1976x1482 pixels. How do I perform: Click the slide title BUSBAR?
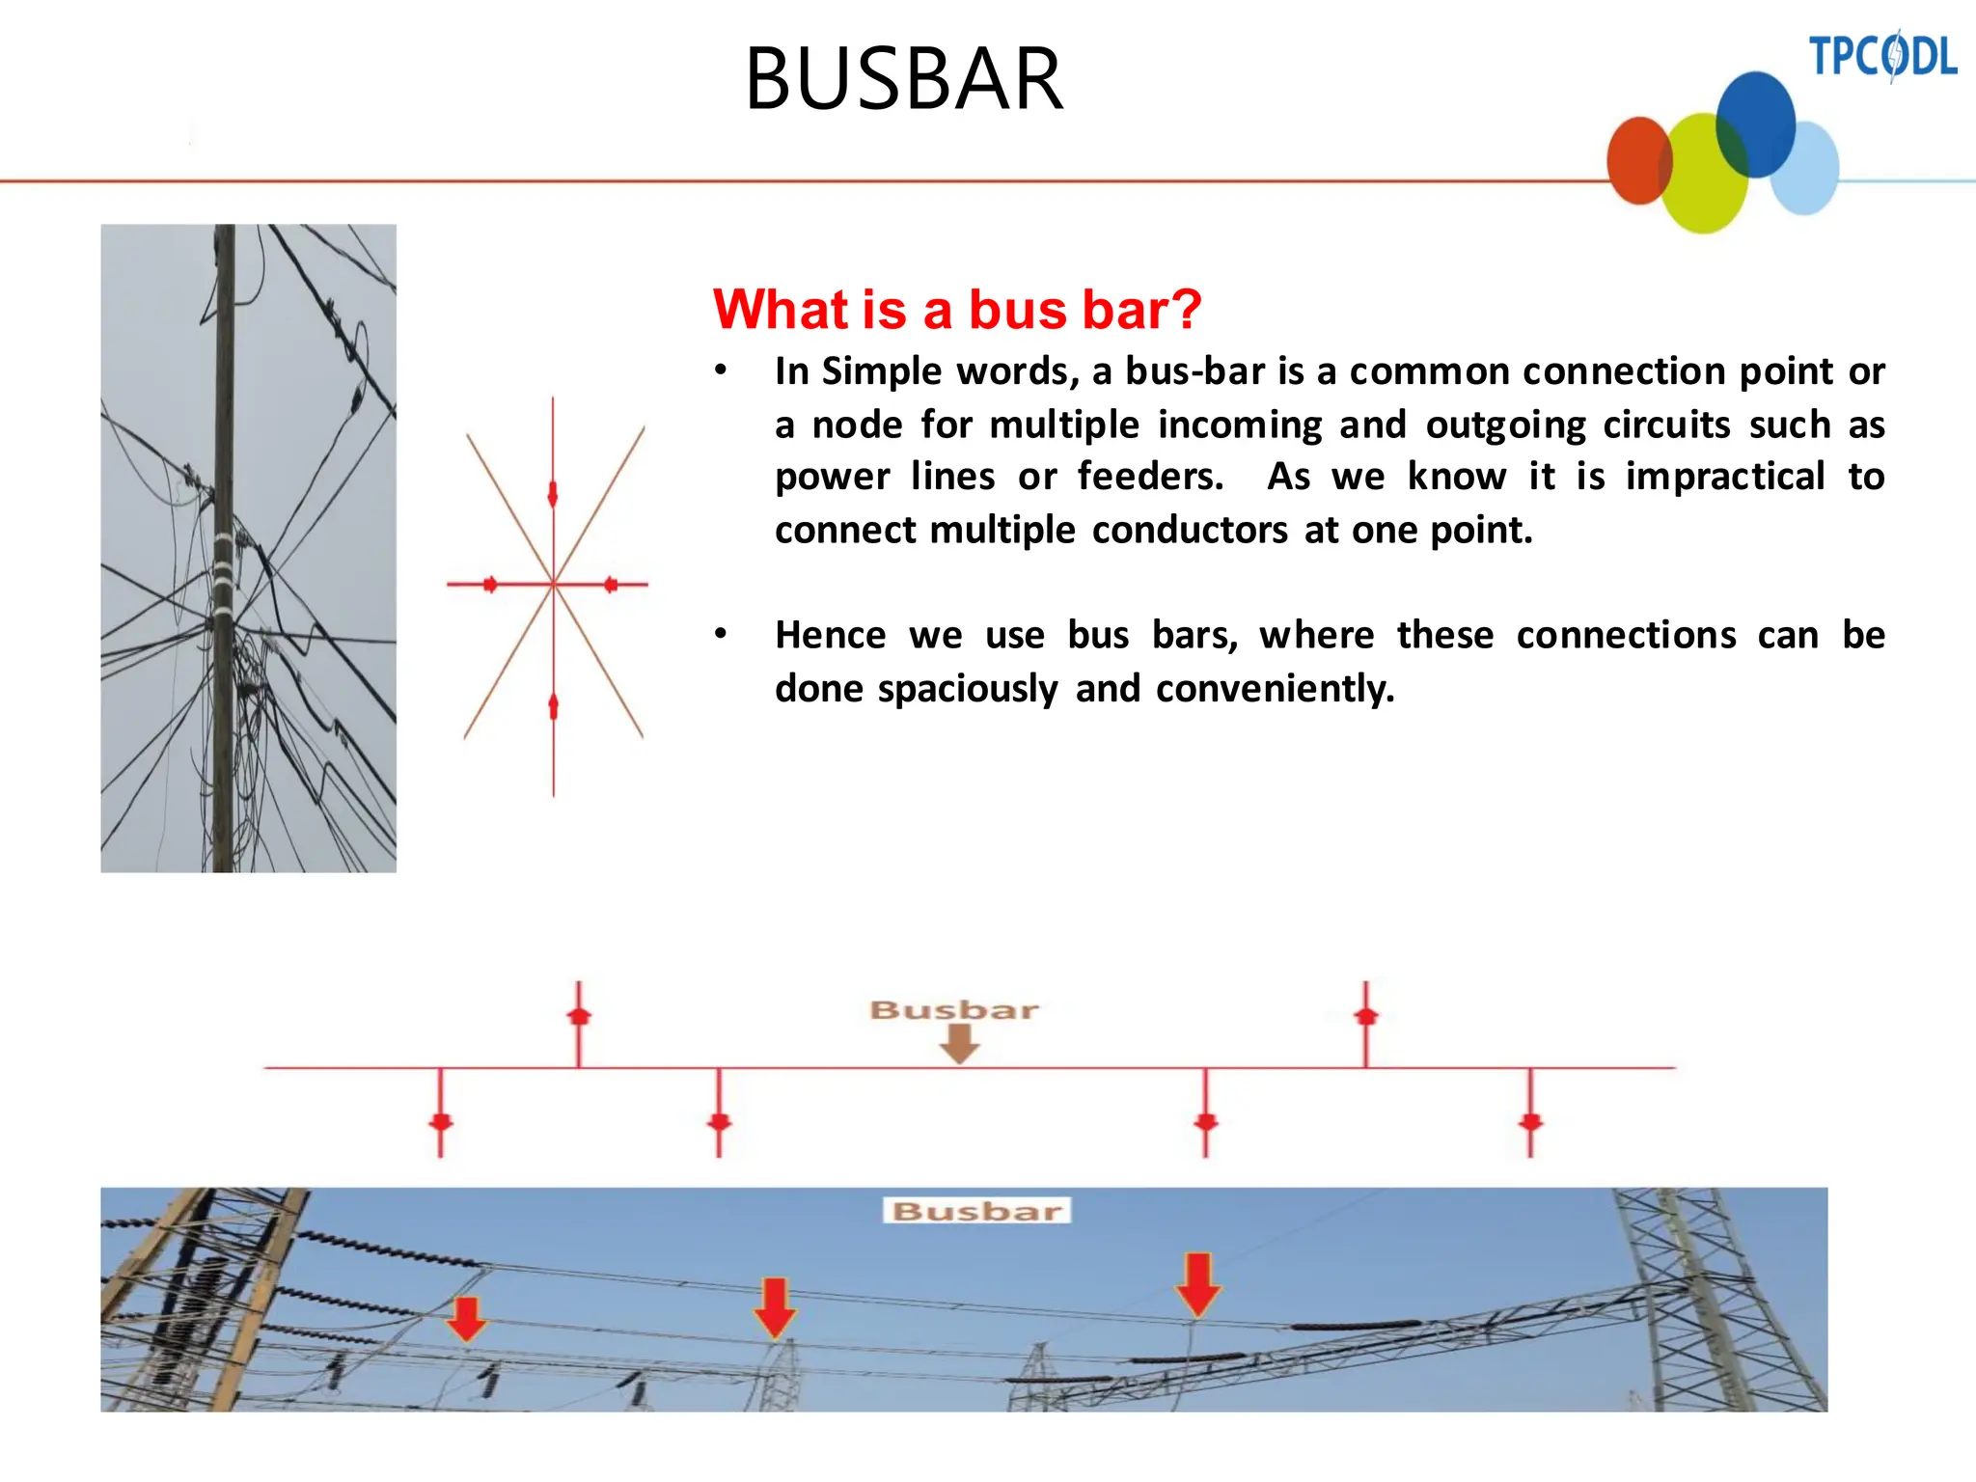click(904, 79)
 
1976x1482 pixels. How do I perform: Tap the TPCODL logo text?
click(1881, 56)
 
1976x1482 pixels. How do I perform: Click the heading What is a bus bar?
click(956, 310)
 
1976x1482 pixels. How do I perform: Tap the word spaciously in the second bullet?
click(968, 689)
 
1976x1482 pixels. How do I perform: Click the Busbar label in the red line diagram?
click(953, 1010)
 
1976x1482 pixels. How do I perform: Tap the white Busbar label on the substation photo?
click(976, 1211)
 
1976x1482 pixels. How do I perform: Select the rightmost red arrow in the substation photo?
click(1198, 1284)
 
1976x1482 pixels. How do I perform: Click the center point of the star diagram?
click(554, 584)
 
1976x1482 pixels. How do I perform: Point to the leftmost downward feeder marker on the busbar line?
click(441, 1121)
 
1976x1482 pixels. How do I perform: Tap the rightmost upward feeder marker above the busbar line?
click(1365, 1016)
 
